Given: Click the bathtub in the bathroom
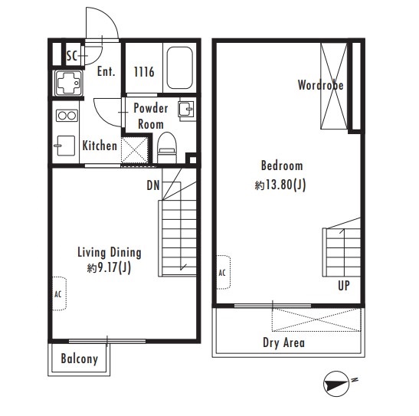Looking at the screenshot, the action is [179, 68].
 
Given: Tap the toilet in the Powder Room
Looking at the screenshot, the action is [167, 147].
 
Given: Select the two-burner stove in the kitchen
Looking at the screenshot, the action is [67, 116].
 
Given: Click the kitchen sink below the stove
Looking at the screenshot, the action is [65, 146].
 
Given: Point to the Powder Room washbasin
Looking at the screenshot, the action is [186, 109].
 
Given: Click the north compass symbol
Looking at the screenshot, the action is [336, 384].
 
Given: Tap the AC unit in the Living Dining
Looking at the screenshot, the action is [59, 293].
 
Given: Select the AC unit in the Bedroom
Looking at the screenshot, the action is [223, 272].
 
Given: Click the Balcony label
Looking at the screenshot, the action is [80, 359].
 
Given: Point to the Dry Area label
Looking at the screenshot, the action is [283, 342].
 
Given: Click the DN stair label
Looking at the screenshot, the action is [153, 185].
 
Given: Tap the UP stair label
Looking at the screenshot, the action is [344, 285].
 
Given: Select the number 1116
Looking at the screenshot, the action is [144, 71].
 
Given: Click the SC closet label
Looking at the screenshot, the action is [71, 56].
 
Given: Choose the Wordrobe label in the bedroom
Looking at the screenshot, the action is [321, 85].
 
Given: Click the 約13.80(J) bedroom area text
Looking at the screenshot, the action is [280, 185].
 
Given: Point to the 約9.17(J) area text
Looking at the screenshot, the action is [109, 267].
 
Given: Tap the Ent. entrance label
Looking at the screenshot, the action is [106, 71].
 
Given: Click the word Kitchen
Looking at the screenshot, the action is [100, 146].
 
